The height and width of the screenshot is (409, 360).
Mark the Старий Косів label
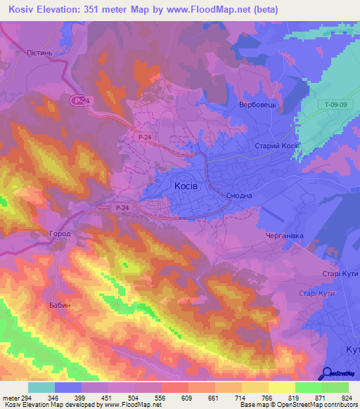tap(276, 145)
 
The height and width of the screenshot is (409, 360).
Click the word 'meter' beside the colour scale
tap(11, 398)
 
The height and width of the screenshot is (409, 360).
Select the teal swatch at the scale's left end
tap(41, 387)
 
